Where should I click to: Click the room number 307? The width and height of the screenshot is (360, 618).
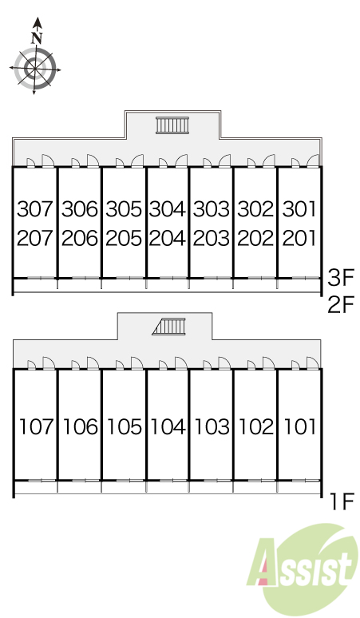[34, 208]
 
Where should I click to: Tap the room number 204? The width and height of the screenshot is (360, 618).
[167, 238]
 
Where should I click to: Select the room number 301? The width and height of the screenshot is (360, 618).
[299, 208]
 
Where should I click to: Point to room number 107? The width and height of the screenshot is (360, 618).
[36, 427]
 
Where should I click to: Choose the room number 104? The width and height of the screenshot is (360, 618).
[168, 427]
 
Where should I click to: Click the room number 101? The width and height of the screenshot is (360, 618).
[300, 427]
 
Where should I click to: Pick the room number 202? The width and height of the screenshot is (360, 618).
[255, 238]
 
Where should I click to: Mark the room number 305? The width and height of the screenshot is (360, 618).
[123, 208]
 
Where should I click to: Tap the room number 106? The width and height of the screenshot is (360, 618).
[81, 427]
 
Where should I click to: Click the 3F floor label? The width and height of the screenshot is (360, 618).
[341, 277]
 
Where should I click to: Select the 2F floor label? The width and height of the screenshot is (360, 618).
[341, 304]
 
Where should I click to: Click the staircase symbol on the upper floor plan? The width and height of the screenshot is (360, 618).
[172, 125]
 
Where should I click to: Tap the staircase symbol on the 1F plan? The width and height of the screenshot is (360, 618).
[168, 327]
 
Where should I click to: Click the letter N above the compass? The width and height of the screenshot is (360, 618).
[37, 38]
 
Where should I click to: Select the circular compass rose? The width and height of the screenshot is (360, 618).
[34, 69]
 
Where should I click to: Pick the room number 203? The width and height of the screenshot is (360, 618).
[211, 238]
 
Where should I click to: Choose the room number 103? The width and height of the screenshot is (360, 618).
[212, 427]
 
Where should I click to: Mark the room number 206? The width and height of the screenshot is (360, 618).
[79, 238]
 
